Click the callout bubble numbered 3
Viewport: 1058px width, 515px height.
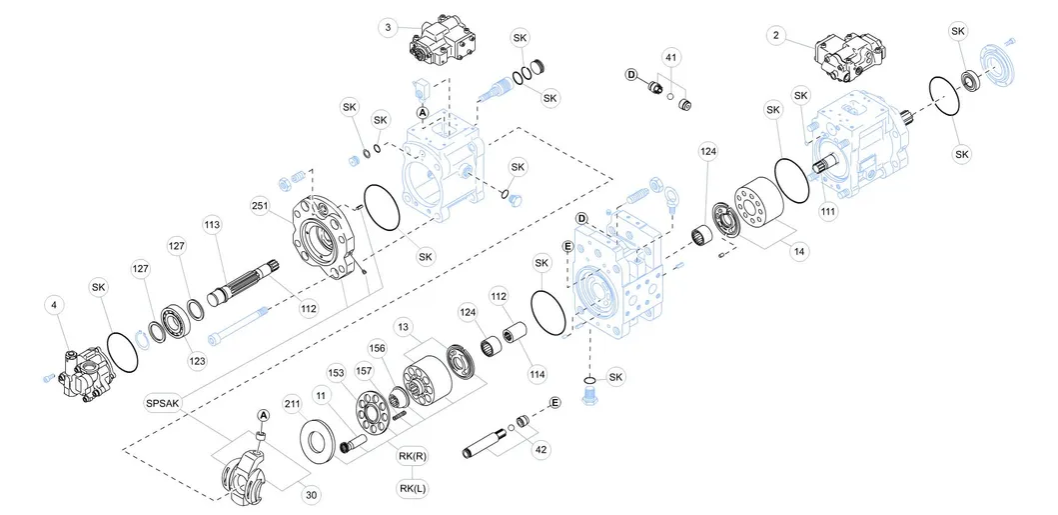tap(388, 28)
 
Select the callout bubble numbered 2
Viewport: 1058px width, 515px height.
tap(774, 36)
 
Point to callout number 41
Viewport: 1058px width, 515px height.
tap(671, 58)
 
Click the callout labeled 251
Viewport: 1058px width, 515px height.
tap(260, 205)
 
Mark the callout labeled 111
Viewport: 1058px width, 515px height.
tap(828, 212)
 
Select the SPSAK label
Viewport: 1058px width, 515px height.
tap(163, 402)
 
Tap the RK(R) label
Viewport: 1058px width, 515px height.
tap(413, 457)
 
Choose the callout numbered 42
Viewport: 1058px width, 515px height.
tap(540, 450)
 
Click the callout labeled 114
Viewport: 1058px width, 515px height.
tap(537, 374)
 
